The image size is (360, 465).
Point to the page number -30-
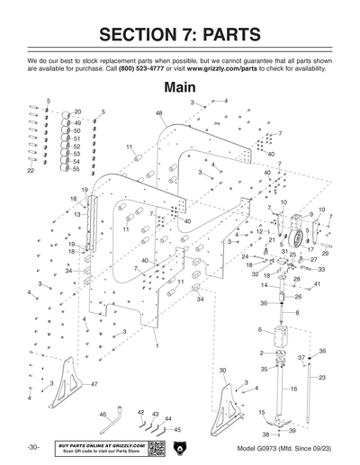tap(32, 447)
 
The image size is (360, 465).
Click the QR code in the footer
tap(156, 447)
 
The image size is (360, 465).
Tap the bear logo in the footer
tap(179, 447)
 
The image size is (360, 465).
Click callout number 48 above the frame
tap(159, 113)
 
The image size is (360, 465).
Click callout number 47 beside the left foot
tap(93, 384)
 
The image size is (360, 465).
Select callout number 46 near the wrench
tap(103, 414)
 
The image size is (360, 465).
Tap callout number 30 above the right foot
tap(222, 371)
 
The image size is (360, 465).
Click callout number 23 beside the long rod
tap(322, 378)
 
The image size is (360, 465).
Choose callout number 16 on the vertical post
tap(293, 389)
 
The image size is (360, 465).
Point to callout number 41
tap(317, 284)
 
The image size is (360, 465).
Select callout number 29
tap(325, 254)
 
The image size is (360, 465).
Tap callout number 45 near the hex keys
tap(177, 430)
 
